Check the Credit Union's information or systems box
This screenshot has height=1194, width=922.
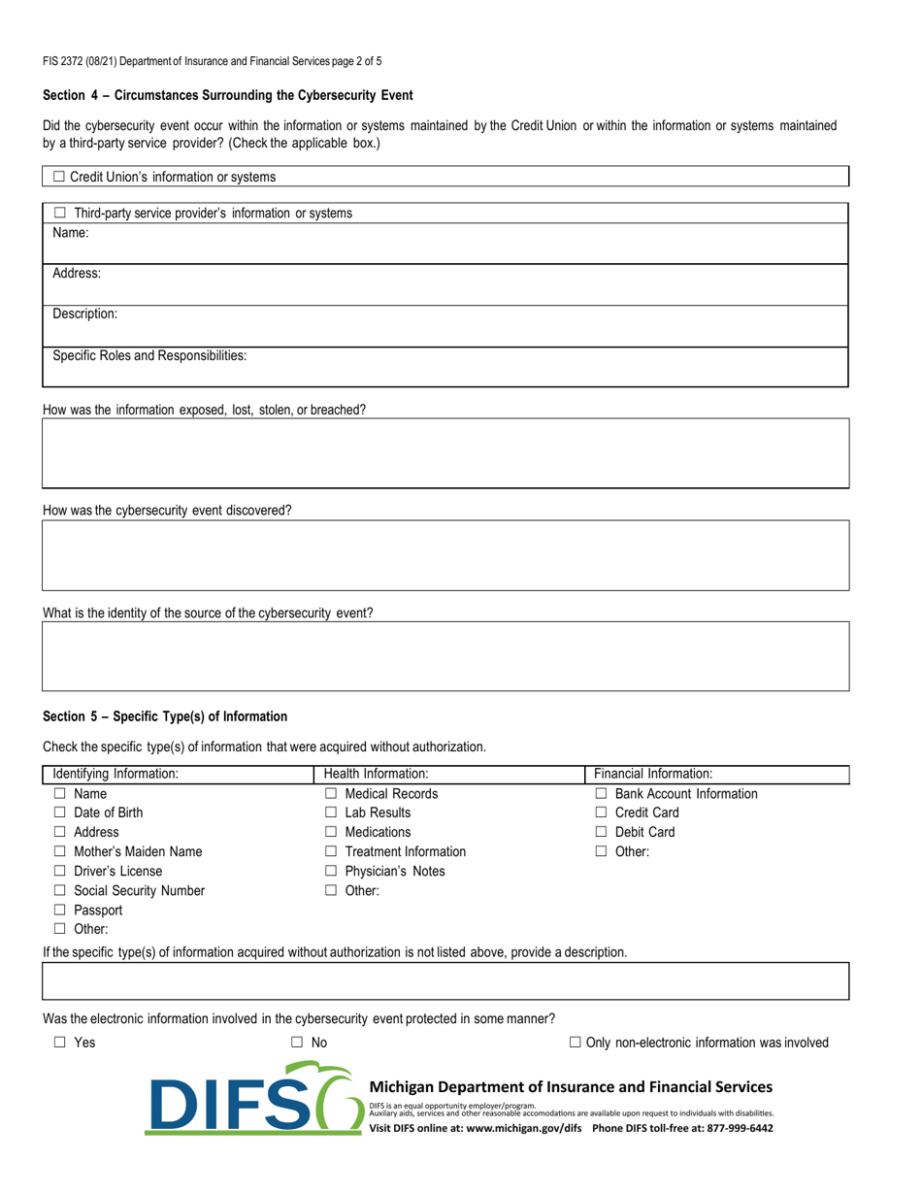point(59,177)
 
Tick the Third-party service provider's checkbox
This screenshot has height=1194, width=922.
point(59,213)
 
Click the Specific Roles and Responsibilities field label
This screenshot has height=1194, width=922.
point(148,355)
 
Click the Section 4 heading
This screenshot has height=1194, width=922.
point(228,95)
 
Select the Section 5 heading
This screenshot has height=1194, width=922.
point(165,716)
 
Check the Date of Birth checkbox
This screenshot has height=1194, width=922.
point(59,813)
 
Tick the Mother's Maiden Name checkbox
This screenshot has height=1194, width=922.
point(59,851)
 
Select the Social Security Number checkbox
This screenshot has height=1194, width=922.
point(59,890)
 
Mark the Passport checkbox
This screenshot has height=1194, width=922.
point(59,910)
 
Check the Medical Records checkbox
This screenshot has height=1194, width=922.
point(330,794)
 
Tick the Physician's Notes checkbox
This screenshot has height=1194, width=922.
point(330,871)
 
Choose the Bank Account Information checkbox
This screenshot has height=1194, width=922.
point(601,794)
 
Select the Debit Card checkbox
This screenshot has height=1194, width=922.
point(601,832)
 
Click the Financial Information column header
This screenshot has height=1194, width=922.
point(653,774)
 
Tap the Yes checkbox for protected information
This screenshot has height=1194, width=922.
point(59,1043)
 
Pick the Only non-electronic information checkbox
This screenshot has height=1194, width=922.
point(575,1043)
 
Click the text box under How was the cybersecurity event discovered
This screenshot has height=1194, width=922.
point(445,555)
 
